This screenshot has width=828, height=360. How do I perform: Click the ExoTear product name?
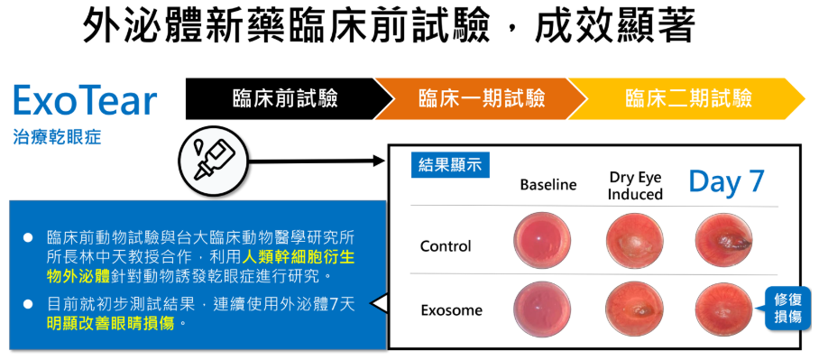[85, 100]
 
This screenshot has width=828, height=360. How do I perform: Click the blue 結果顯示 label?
[450, 165]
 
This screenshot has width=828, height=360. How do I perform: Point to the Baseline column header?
[548, 185]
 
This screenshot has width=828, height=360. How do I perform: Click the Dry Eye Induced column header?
[635, 186]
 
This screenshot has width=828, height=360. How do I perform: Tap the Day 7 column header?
[726, 181]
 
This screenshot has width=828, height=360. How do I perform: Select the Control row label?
[446, 246]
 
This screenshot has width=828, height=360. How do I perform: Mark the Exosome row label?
[452, 310]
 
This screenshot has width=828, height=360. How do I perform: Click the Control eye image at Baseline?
[542, 240]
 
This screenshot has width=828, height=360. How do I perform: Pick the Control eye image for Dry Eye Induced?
[634, 240]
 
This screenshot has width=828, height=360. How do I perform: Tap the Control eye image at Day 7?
[724, 240]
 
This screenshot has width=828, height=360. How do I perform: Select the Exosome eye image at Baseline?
[542, 309]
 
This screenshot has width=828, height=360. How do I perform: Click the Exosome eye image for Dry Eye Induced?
[634, 309]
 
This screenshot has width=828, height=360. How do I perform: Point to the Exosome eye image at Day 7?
[724, 309]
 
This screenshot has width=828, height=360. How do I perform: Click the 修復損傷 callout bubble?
[787, 309]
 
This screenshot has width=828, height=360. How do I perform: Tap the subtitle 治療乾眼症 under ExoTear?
[57, 137]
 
